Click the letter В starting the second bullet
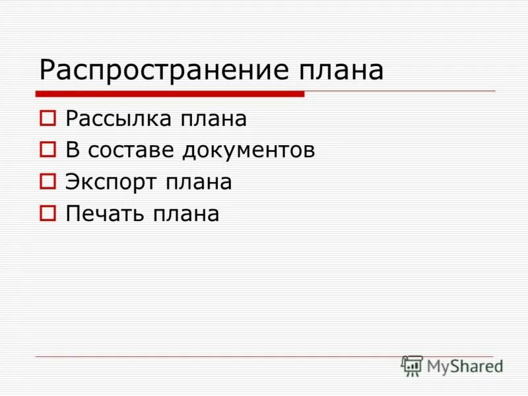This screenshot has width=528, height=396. coord(72,150)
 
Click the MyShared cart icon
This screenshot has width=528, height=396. coord(412,366)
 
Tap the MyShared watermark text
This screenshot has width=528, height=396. coord(465,366)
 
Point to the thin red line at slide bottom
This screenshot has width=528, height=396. coord(218,356)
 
